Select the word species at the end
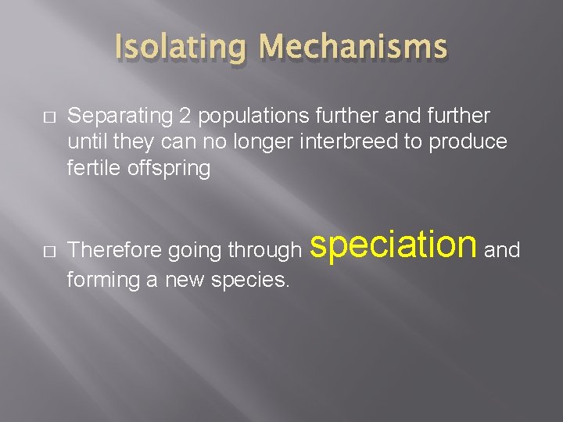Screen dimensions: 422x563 point(251,279)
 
